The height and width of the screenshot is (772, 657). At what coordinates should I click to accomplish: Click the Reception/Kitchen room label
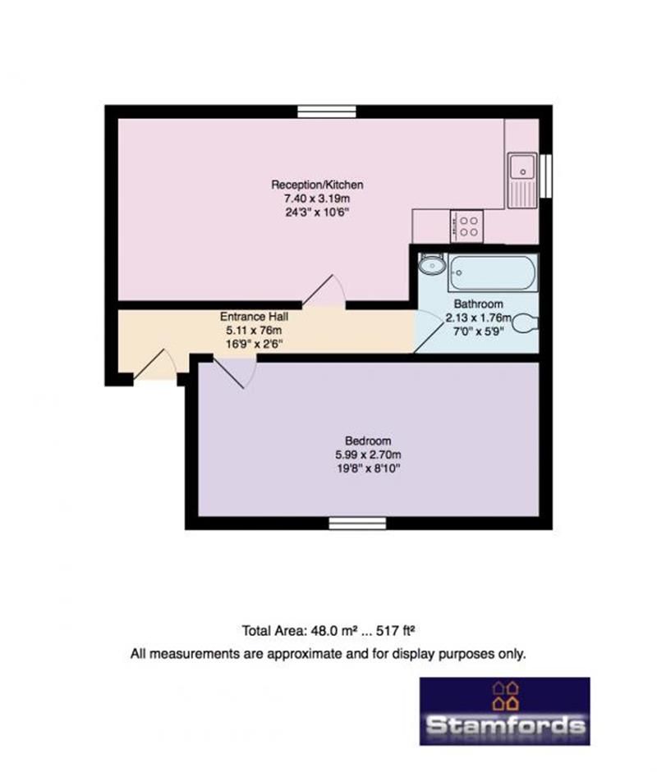pos(317,185)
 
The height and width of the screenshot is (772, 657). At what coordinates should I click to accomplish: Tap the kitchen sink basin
pos(522,167)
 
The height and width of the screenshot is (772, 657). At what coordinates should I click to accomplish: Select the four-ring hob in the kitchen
pos(466,226)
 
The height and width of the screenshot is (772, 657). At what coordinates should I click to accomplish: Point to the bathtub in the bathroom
pos(493,272)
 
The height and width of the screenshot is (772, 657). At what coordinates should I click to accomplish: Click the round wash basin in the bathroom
pos(432,265)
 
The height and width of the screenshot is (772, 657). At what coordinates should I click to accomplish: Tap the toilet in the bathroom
pos(526,324)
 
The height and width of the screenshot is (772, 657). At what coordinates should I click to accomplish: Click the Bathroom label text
pos(478,304)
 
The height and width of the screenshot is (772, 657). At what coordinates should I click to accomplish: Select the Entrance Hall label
pos(254,317)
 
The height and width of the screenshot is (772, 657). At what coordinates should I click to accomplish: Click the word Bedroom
pos(368,441)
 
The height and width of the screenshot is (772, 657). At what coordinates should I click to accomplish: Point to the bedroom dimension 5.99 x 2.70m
pos(368,455)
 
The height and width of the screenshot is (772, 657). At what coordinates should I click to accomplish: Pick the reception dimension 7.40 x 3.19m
pos(317,199)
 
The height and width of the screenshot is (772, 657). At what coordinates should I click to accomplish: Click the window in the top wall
pos(327,112)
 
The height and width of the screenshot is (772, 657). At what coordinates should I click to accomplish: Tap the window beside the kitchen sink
pos(545,176)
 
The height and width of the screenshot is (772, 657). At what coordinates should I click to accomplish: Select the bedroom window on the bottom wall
pos(357,523)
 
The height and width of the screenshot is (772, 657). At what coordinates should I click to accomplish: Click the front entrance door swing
pos(154,365)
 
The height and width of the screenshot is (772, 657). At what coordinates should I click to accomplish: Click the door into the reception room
pos(324,290)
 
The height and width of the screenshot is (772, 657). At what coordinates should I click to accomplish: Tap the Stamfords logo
pos(505,711)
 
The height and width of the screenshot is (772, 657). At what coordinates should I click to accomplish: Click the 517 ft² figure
pos(395,630)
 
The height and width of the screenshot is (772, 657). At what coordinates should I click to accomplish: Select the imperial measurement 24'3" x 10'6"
pos(317,212)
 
